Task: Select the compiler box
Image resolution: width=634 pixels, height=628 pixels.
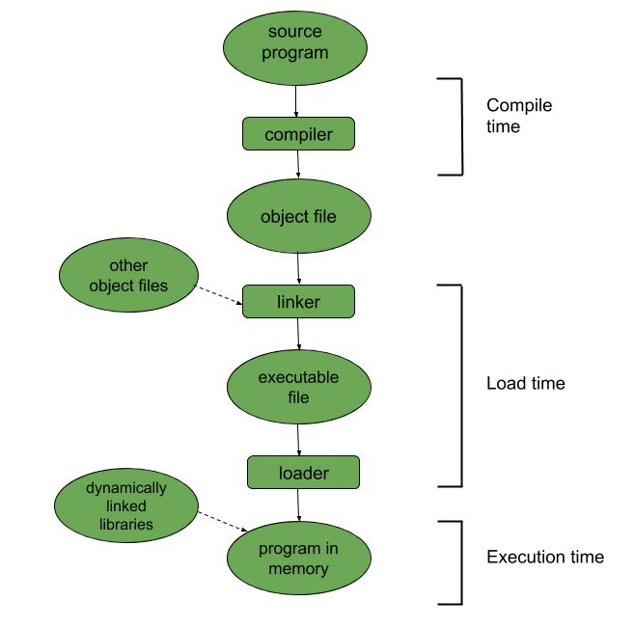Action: pyautogui.click(x=298, y=134)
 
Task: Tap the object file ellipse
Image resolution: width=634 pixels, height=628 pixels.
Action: pyautogui.click(x=298, y=215)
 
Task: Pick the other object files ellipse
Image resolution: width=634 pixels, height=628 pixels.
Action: pyautogui.click(x=128, y=275)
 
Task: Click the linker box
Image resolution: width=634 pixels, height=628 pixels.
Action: pyautogui.click(x=298, y=302)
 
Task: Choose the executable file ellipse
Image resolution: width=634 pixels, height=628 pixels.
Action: pyautogui.click(x=298, y=386)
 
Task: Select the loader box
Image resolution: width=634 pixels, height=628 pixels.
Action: pyautogui.click(x=303, y=473)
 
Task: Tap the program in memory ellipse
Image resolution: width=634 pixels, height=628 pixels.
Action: pyautogui.click(x=298, y=559)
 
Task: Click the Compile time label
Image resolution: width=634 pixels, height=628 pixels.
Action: pyautogui.click(x=518, y=116)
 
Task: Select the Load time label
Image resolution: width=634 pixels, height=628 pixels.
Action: pyautogui.click(x=525, y=384)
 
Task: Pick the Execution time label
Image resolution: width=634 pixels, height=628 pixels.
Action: pyautogui.click(x=545, y=557)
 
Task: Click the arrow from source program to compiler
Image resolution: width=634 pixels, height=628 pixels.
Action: pyautogui.click(x=297, y=101)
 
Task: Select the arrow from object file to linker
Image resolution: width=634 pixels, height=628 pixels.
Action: pyautogui.click(x=298, y=268)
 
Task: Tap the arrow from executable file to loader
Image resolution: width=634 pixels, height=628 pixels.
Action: pyautogui.click(x=299, y=441)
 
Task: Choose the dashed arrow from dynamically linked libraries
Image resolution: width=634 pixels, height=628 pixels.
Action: pyautogui.click(x=228, y=521)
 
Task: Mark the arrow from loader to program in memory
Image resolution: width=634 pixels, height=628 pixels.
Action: pyautogui.click(x=299, y=505)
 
